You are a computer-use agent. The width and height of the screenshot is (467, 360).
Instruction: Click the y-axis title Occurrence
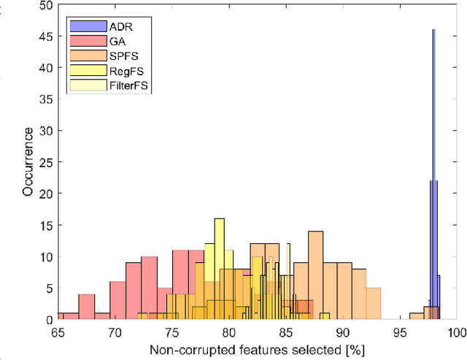point(27,162)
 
